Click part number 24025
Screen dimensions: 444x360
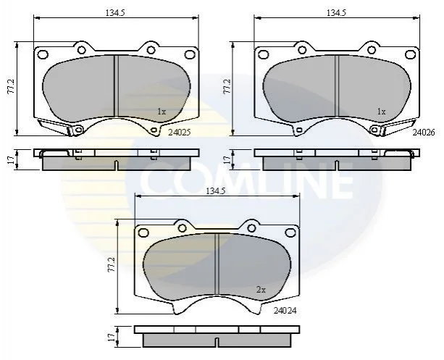tap(180, 133)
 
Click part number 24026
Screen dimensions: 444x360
tap(424, 133)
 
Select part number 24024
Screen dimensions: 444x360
tap(285, 311)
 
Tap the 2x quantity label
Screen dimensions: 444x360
tap(261, 290)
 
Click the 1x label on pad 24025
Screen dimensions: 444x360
tap(162, 112)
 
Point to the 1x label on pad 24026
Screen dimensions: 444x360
tap(382, 112)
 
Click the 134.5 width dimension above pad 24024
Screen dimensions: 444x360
tap(215, 191)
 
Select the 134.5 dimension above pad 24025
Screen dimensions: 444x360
tap(115, 13)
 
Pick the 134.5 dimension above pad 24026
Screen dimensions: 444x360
tap(336, 13)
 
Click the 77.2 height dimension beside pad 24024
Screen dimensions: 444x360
tap(112, 265)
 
